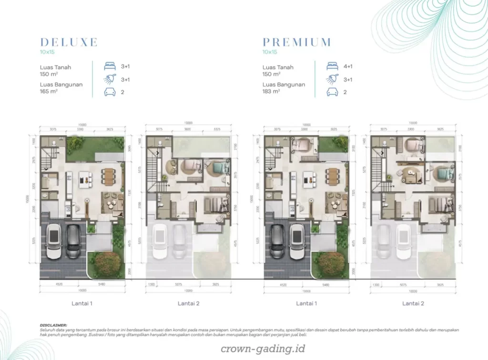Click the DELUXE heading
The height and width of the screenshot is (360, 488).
tap(69, 42)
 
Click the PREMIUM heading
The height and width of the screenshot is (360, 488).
tap(296, 42)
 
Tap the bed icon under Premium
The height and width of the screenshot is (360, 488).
tap(332, 67)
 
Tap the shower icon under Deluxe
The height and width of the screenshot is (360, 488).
tap(109, 80)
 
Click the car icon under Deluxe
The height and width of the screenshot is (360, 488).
tap(109, 92)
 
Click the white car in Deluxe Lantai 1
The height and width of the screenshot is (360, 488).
tap(54, 240)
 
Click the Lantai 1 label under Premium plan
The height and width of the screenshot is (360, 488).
tap(306, 303)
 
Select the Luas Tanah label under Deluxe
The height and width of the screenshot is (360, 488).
tap(56, 67)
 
